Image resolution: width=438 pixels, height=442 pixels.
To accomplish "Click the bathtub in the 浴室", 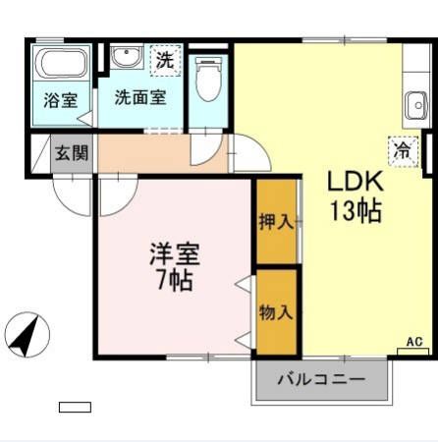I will [63, 67].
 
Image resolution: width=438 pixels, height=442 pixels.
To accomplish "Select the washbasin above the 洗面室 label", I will [125, 58].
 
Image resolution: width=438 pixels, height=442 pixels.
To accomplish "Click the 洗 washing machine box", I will [165, 59].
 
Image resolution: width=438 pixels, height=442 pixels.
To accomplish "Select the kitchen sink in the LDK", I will [414, 103].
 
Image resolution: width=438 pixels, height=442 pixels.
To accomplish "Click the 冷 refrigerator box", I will [402, 149].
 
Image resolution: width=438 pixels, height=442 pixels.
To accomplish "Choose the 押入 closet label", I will [276, 222].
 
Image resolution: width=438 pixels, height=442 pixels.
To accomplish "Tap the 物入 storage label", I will [276, 312].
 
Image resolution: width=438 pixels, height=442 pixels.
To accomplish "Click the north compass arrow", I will [28, 335].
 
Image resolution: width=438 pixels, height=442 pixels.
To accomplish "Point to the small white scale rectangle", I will [75, 407].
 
